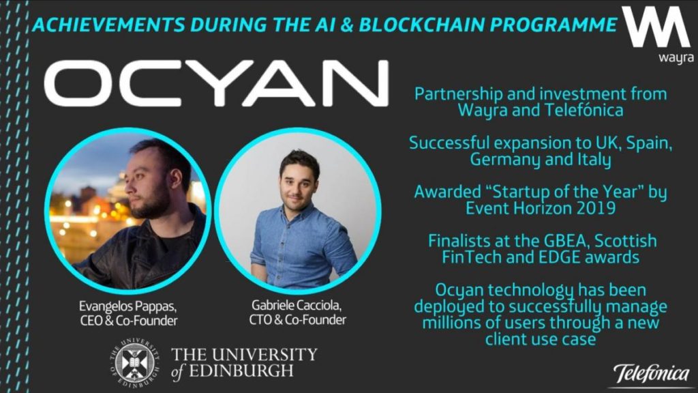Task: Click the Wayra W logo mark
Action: pyautogui.click(x=656, y=27)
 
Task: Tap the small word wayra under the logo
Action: pyautogui.click(x=676, y=58)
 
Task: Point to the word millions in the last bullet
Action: pyautogui.click(x=454, y=322)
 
